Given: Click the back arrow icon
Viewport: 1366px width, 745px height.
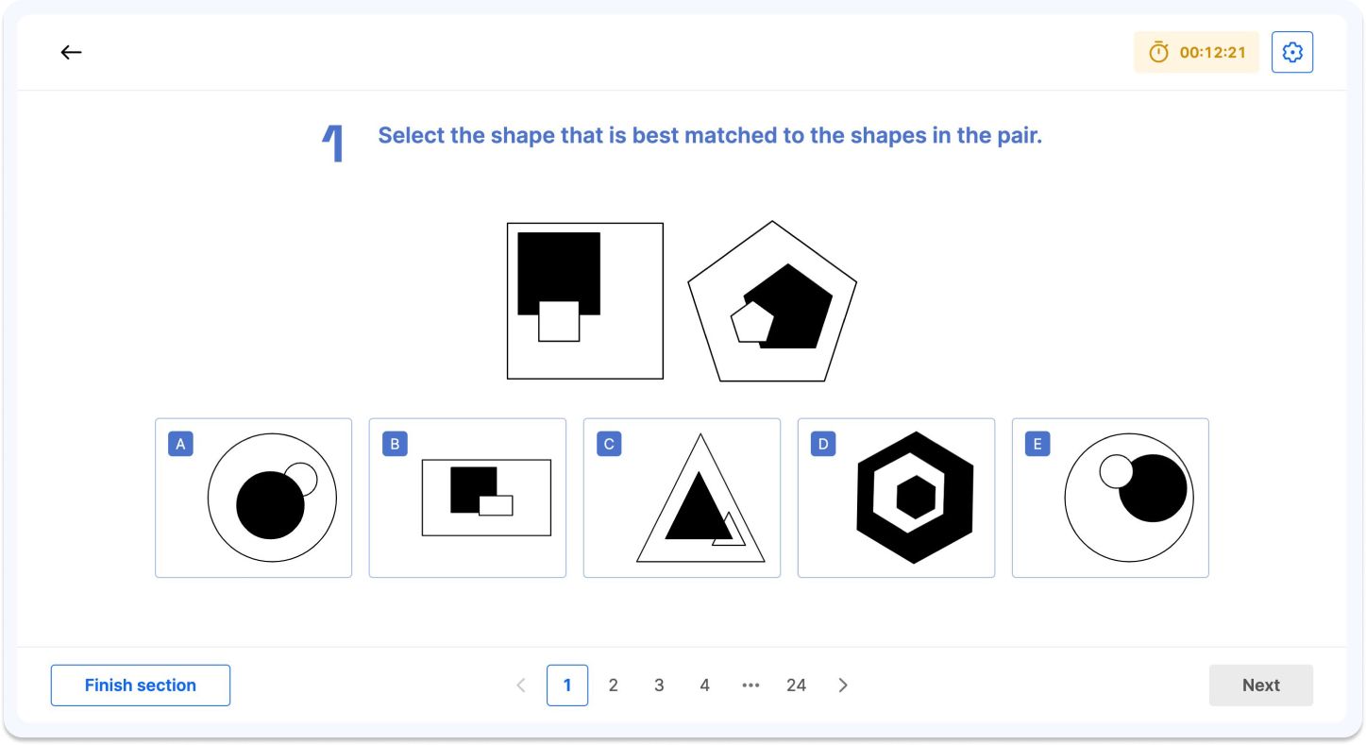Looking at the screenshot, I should (71, 53).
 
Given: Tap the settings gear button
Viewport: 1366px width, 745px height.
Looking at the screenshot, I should (1292, 53).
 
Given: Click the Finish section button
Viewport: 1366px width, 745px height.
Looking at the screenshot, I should (140, 686).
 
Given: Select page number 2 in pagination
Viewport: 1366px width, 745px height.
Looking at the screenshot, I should (613, 686).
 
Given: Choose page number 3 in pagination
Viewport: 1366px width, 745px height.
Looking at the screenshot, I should (659, 686).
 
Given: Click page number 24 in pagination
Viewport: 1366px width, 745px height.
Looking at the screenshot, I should (796, 686).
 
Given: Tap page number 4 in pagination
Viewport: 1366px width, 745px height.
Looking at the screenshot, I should (704, 686).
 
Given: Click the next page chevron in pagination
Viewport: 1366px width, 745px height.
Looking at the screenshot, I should (843, 686).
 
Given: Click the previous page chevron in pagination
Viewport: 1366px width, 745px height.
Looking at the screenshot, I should (521, 686).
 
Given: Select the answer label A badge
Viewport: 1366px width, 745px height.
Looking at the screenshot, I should (180, 444).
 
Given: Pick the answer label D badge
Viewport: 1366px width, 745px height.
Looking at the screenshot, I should (823, 444).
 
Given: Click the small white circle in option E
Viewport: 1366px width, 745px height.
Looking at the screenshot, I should (1116, 471).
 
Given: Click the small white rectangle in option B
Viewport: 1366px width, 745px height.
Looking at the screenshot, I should (496, 505).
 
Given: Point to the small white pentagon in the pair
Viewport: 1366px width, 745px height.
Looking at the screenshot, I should (751, 322).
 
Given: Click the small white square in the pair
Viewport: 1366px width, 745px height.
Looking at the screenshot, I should (559, 321).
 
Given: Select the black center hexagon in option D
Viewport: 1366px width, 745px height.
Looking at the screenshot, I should (915, 497).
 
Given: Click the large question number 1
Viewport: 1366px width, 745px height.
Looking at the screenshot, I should (333, 144).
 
